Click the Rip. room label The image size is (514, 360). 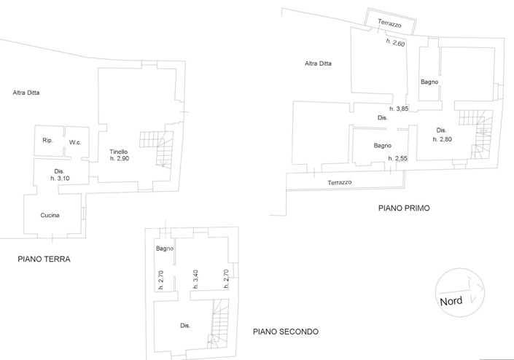[x=47, y=140]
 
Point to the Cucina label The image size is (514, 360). [x=50, y=215]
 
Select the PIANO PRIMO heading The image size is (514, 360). [x=404, y=208]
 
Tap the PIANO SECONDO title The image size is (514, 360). [x=285, y=331]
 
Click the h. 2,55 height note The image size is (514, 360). [x=398, y=158]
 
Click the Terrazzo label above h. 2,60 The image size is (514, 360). [x=389, y=24]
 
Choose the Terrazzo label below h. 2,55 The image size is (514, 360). [x=340, y=182]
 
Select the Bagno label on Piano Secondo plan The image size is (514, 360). [x=164, y=249]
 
